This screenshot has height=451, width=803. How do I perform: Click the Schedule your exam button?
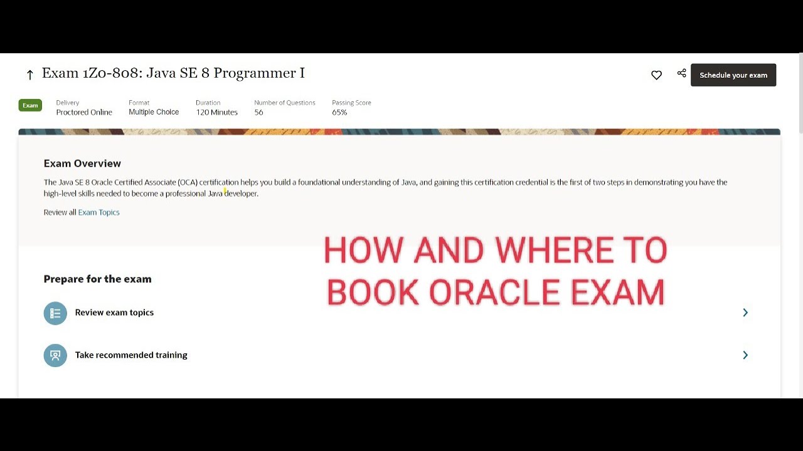pyautogui.click(x=733, y=75)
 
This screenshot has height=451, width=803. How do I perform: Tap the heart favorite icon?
pyautogui.click(x=656, y=75)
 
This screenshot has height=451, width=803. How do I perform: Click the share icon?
pyautogui.click(x=681, y=73)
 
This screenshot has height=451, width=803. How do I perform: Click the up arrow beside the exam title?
pyautogui.click(x=29, y=75)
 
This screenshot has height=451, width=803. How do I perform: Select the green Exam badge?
pyautogui.click(x=30, y=105)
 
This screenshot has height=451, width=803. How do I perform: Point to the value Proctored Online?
pyautogui.click(x=84, y=112)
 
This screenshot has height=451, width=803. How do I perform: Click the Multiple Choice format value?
pyautogui.click(x=154, y=112)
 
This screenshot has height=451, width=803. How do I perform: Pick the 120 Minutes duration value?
pyautogui.click(x=216, y=112)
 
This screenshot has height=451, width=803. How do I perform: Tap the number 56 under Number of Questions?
pyautogui.click(x=258, y=112)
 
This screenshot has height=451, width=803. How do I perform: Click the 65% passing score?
pyautogui.click(x=339, y=112)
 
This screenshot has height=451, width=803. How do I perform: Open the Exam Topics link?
pyautogui.click(x=98, y=212)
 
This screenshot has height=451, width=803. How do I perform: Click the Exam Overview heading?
pyautogui.click(x=82, y=163)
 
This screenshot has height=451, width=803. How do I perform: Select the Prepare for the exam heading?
pyautogui.click(x=97, y=279)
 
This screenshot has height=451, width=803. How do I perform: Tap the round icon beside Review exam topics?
pyautogui.click(x=55, y=313)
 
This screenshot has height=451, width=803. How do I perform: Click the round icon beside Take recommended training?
pyautogui.click(x=55, y=355)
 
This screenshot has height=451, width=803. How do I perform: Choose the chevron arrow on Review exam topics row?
pyautogui.click(x=745, y=313)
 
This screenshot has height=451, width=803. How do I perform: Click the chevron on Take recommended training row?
pyautogui.click(x=745, y=355)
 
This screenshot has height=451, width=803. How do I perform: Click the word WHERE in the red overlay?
pyautogui.click(x=552, y=251)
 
